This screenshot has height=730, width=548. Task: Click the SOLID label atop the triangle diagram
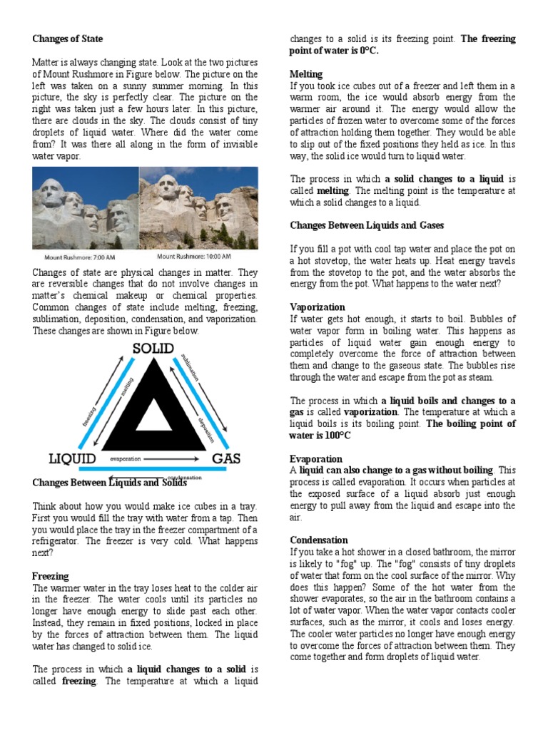(154, 349)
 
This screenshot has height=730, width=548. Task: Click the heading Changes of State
(67, 38)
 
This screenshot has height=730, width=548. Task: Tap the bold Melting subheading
(305, 74)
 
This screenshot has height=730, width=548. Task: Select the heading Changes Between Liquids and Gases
(367, 225)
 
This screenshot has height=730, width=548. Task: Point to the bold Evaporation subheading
(315, 459)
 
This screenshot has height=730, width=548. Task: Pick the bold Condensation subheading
(318, 540)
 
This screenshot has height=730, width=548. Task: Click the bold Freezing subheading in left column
(50, 576)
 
